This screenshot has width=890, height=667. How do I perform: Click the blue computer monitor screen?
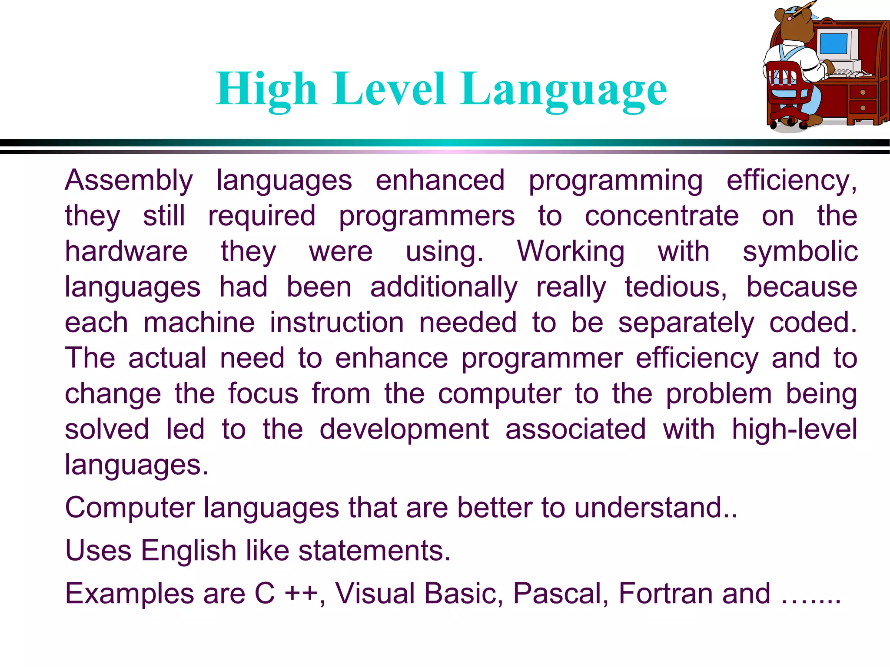click(833, 44)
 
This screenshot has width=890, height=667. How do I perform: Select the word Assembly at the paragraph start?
click(129, 181)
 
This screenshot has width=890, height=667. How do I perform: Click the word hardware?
click(126, 251)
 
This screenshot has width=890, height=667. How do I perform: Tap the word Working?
click(570, 252)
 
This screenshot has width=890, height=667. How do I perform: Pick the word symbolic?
click(800, 252)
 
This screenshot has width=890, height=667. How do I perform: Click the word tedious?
click(675, 287)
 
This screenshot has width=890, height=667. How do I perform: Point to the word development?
click(404, 430)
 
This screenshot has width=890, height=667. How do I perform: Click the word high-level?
click(794, 430)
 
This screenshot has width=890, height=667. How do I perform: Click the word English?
click(188, 551)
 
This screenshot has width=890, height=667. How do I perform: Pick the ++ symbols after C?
click(301, 594)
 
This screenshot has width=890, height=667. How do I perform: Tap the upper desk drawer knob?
click(862, 92)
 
